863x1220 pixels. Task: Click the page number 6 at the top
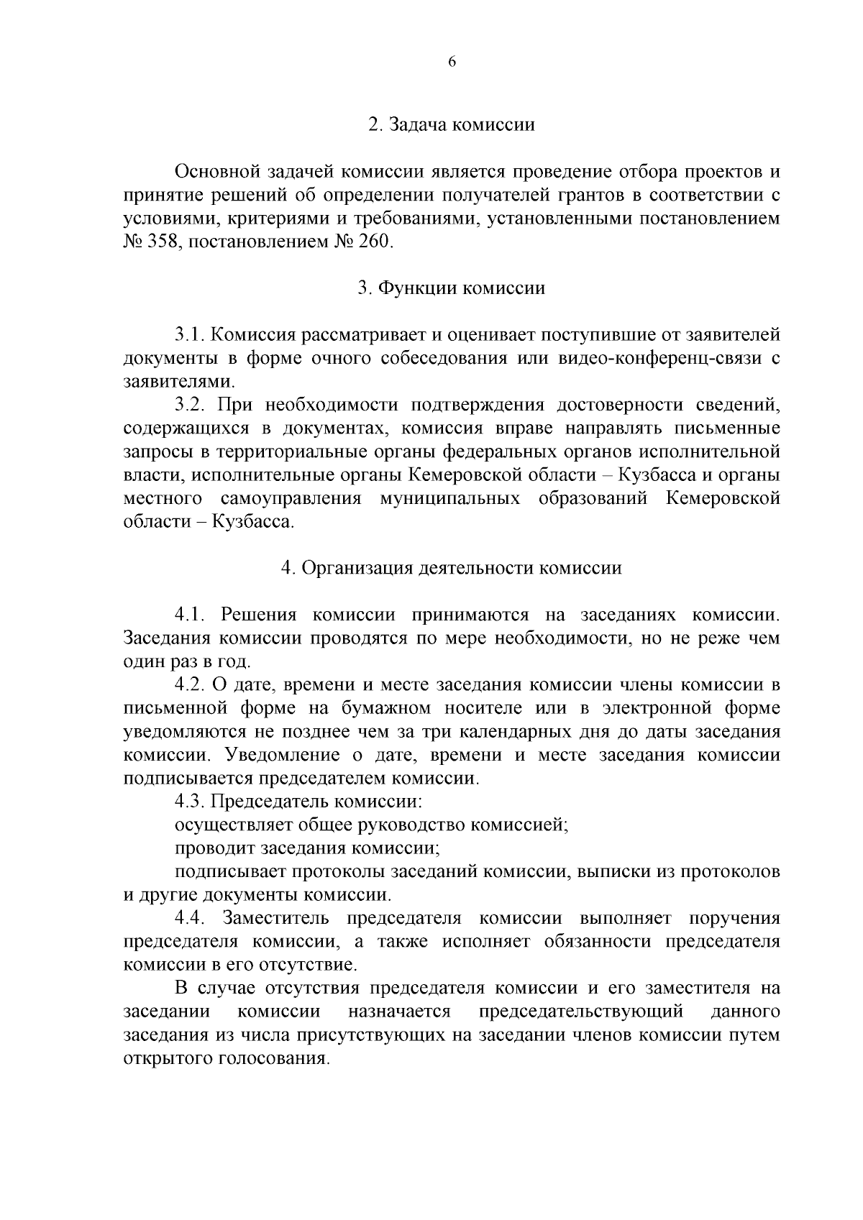click(x=452, y=62)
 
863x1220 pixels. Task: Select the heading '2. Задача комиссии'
click(x=452, y=124)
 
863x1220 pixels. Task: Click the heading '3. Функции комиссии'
click(x=452, y=288)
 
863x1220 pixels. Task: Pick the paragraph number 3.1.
click(x=191, y=335)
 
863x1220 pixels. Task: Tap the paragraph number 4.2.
click(x=191, y=684)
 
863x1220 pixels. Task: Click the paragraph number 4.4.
click(x=191, y=918)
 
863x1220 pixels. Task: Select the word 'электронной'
click(x=649, y=708)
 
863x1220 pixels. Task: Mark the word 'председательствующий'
click(x=580, y=1012)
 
